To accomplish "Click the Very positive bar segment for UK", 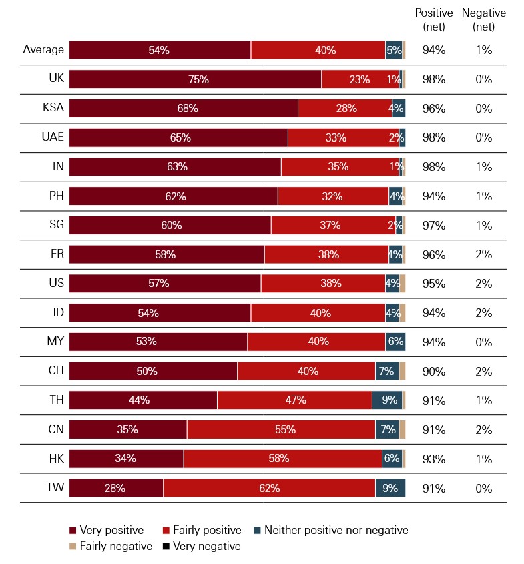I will [x=195, y=79].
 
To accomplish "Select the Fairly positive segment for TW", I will [x=269, y=488].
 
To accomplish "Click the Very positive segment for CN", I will [x=127, y=430].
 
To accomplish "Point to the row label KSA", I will [x=53, y=108].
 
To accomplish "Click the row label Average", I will [x=43, y=49].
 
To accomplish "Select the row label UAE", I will [x=53, y=137].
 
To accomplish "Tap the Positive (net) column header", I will [x=434, y=19].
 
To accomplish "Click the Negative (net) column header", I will [x=484, y=19].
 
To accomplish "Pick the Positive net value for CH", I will [x=434, y=371].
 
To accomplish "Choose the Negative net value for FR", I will [x=484, y=254].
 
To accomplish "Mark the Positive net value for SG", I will [x=434, y=225].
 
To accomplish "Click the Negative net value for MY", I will [x=484, y=342].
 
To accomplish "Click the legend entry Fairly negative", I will [x=106, y=547].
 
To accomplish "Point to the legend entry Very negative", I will [x=202, y=547].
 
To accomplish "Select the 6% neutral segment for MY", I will [x=395, y=342].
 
